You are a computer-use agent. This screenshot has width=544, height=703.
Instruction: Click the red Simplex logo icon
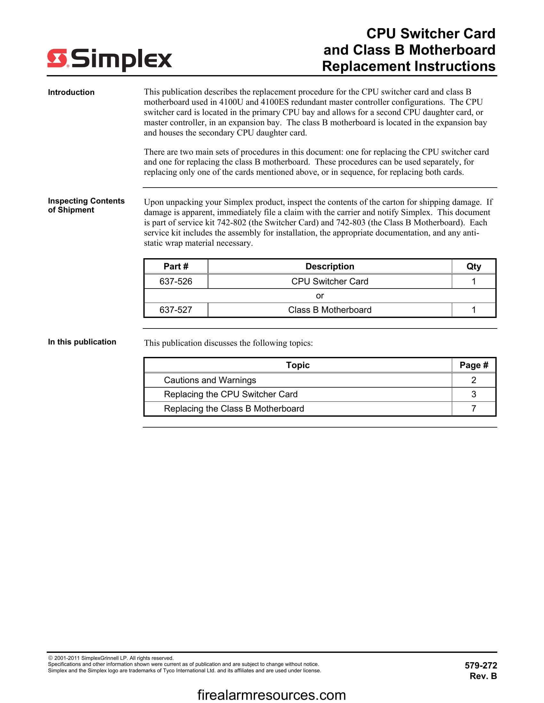coord(57,58)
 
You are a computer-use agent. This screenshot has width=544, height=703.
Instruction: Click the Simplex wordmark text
coord(121,59)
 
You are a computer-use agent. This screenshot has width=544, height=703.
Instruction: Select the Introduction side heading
coord(71,92)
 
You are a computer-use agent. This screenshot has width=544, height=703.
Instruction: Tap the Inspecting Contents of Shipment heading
coord(86,205)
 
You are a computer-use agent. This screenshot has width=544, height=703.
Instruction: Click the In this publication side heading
coord(82,342)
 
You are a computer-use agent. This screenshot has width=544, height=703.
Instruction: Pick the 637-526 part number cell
coord(176,281)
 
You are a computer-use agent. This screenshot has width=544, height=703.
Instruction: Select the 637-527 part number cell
coord(176,310)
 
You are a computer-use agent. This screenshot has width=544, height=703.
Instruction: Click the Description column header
coord(330,267)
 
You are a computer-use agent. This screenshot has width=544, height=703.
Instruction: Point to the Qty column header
coord(473,267)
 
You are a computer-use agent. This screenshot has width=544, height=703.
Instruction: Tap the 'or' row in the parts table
coord(320,296)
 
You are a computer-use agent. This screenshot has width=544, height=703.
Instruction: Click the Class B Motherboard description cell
coord(330,310)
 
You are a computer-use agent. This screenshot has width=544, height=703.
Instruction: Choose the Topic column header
coord(298,365)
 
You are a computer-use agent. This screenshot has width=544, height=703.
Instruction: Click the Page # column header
coord(473,365)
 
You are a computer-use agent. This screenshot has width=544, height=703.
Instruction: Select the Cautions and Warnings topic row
coord(210,380)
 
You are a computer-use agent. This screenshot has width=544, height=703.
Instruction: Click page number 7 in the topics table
coord(473,408)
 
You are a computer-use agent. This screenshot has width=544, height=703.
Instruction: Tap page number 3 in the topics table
coord(473,394)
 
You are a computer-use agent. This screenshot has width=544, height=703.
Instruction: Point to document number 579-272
coord(481,665)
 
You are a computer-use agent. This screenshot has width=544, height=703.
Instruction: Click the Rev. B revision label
coord(483,676)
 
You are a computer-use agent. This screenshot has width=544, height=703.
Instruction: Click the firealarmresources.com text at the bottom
coord(271,695)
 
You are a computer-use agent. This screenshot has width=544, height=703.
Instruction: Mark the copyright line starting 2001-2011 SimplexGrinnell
coord(111,658)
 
